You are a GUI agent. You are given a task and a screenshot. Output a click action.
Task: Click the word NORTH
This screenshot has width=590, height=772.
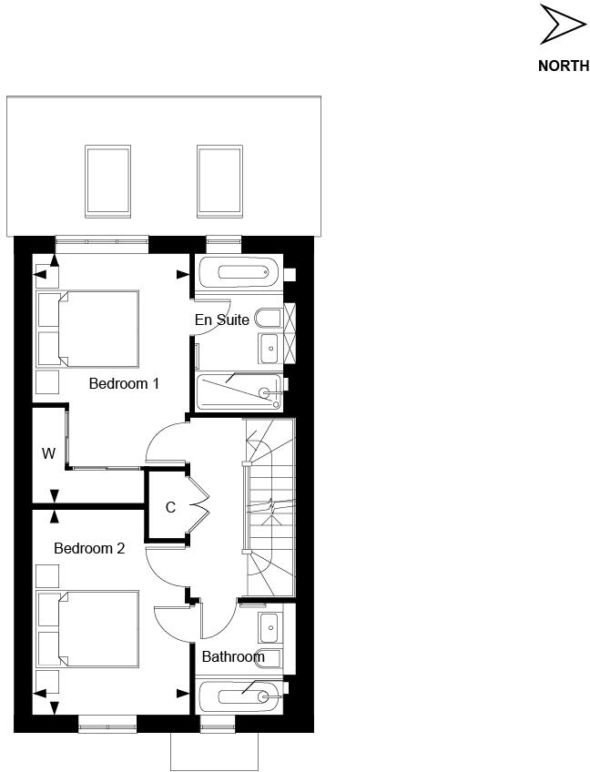tap(564, 66)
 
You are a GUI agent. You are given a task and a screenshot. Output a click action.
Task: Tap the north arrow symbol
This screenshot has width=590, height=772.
tap(562, 25)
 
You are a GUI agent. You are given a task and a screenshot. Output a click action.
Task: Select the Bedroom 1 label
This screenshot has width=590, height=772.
tap(124, 384)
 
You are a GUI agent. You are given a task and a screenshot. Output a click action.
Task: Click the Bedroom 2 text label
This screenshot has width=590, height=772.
tap(89, 549)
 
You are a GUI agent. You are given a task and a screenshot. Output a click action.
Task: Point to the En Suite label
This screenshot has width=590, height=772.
tap(222, 320)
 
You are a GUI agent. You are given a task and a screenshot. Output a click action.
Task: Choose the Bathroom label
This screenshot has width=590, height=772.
tap(233, 656)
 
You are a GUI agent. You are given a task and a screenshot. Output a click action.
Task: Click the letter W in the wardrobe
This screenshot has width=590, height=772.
tap(48, 453)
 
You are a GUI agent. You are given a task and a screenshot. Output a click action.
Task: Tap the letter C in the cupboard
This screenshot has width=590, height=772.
tap(170, 508)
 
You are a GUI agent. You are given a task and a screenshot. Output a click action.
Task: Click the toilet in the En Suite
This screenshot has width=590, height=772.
tap(269, 319)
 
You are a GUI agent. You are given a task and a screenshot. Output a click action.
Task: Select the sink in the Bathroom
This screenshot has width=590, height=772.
tap(269, 627)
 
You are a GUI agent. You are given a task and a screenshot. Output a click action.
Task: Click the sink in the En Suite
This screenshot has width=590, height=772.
tap(270, 347)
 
